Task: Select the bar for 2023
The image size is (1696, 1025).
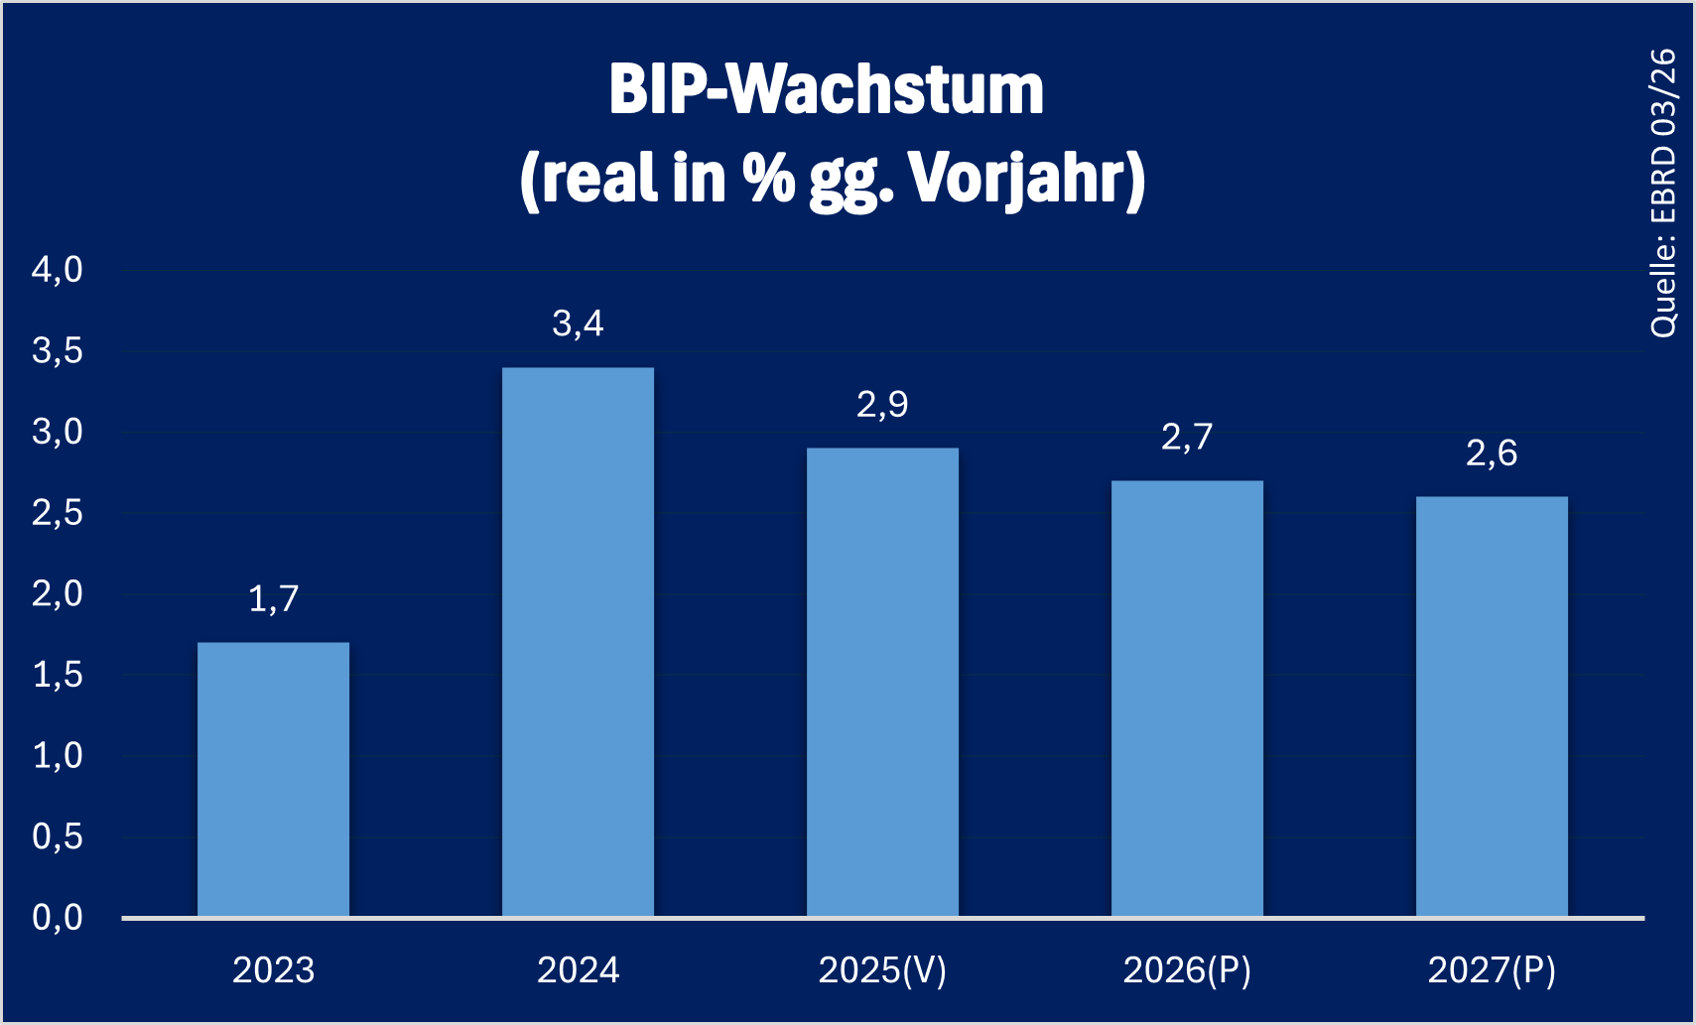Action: tap(273, 779)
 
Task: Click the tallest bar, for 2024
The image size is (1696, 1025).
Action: tap(578, 642)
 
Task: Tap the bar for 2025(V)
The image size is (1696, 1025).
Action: tap(882, 682)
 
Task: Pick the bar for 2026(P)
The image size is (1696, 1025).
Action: tap(1187, 699)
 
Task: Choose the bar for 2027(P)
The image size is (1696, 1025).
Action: tap(1492, 706)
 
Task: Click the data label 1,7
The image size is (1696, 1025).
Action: tap(273, 599)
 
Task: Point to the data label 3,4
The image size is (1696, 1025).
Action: tap(578, 323)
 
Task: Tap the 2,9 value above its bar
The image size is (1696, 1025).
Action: tap(882, 405)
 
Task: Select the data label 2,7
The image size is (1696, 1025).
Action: tap(1187, 438)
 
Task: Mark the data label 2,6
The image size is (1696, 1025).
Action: tap(1492, 453)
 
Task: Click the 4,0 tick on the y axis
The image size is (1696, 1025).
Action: tap(58, 270)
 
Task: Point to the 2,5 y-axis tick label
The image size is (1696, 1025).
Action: tap(58, 513)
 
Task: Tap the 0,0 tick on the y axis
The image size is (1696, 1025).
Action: tap(58, 918)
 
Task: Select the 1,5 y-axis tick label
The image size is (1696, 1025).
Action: tap(58, 676)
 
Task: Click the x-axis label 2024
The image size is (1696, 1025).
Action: tap(578, 970)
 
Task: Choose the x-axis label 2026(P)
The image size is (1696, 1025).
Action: tap(1187, 970)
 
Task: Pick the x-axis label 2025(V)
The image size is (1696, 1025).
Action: tap(882, 970)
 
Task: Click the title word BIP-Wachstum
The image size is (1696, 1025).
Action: tap(826, 90)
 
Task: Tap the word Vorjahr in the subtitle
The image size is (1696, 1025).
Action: tap(1026, 180)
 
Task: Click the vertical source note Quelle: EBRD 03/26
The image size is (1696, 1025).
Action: tap(1663, 193)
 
